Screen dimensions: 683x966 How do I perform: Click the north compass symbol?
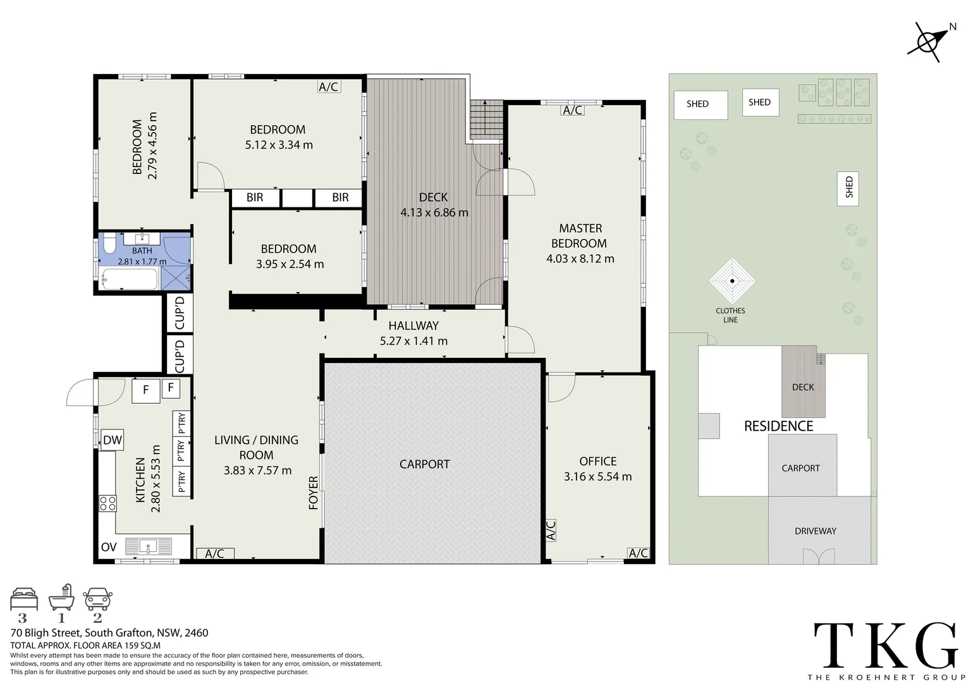[x=927, y=42]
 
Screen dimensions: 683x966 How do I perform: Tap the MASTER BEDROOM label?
[x=580, y=236]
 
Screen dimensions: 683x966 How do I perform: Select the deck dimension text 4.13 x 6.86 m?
[x=434, y=212]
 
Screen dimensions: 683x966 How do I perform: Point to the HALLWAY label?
[x=413, y=326]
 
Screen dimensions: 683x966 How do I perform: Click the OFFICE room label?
[x=597, y=462]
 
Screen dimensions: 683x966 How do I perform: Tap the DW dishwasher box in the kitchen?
[x=112, y=441]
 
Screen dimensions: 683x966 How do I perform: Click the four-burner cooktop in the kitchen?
[x=107, y=503]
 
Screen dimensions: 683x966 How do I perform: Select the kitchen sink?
[x=149, y=546]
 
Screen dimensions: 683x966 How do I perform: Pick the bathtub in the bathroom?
[x=129, y=280]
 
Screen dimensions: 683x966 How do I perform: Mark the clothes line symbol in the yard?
[x=731, y=281]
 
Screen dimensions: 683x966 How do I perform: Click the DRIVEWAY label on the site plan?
[x=815, y=531]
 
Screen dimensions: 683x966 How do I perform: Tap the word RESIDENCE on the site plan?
[x=778, y=426]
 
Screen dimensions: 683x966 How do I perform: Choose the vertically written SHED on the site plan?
[x=848, y=188]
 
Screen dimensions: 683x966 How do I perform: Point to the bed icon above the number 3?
[x=24, y=598]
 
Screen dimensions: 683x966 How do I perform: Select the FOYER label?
[x=314, y=492]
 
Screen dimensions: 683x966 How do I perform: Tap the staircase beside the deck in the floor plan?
[x=486, y=120]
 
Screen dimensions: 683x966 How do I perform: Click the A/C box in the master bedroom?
[x=572, y=110]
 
